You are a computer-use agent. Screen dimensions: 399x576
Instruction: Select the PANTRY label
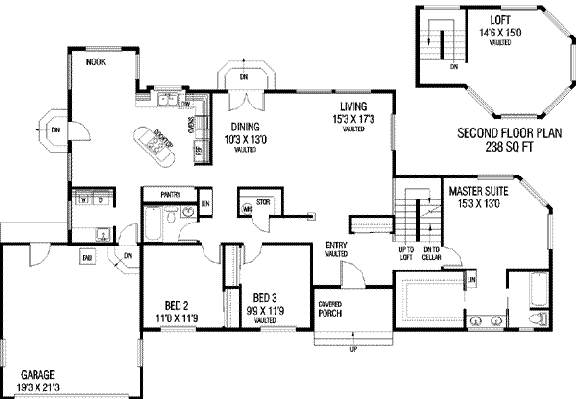click(171, 195)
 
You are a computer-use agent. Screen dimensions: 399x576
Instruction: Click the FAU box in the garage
click(86, 257)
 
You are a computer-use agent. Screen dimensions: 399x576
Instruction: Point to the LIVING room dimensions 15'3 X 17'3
click(349, 119)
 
